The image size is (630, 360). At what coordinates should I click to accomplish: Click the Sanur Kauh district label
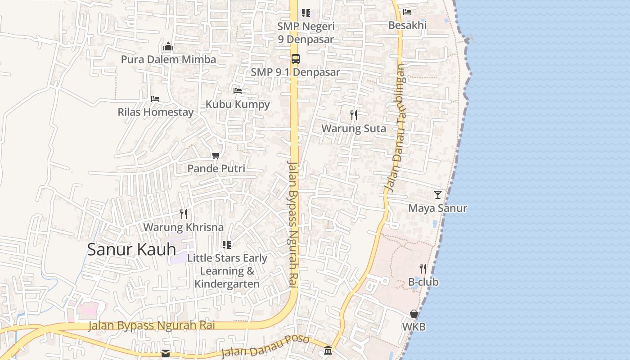click(x=131, y=249)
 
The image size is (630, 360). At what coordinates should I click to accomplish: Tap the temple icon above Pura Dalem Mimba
click(x=168, y=47)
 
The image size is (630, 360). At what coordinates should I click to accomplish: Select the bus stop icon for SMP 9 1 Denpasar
click(x=295, y=59)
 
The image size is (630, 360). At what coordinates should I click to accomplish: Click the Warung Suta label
click(x=353, y=129)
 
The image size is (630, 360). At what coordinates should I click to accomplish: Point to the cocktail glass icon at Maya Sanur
click(x=437, y=195)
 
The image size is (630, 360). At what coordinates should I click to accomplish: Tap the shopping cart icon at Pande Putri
click(x=216, y=156)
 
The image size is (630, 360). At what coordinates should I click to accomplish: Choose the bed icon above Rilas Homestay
click(x=155, y=99)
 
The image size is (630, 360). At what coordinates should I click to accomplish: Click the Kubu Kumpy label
click(x=238, y=104)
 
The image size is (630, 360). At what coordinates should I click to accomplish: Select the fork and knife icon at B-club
click(x=423, y=269)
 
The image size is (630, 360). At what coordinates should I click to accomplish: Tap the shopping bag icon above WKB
click(x=414, y=314)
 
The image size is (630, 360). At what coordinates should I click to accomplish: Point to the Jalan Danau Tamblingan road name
click(x=395, y=128)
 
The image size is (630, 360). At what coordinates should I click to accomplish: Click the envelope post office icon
click(x=166, y=353)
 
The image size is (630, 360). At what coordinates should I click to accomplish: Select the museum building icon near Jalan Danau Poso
click(x=328, y=350)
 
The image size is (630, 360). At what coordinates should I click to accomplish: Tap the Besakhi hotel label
click(x=407, y=25)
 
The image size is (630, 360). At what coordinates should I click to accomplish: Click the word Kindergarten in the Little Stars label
click(x=227, y=284)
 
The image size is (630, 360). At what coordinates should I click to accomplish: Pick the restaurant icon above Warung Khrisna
click(x=184, y=214)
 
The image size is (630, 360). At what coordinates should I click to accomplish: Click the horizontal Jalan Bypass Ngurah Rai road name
click(x=151, y=325)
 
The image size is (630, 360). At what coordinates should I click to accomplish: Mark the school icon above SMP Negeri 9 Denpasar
click(x=306, y=13)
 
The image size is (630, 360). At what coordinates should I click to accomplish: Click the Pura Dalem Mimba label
click(x=168, y=59)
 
